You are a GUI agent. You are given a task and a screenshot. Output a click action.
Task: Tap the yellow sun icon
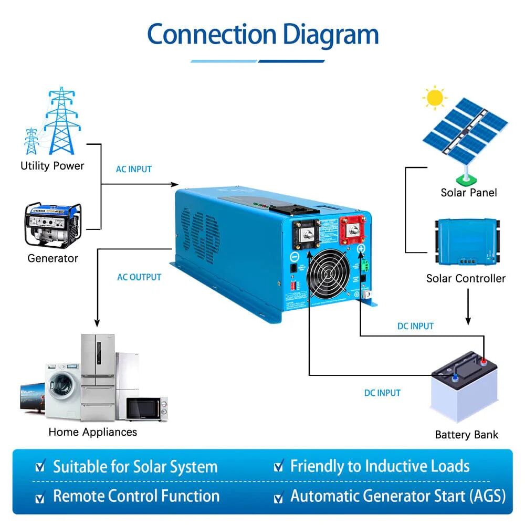(x=435, y=98)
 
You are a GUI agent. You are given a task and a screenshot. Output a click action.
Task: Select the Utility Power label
(x=52, y=166)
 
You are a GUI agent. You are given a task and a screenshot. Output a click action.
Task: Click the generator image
(x=53, y=225)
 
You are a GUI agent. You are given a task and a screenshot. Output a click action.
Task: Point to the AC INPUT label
(x=134, y=169)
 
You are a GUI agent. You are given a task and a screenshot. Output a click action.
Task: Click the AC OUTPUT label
(x=139, y=277)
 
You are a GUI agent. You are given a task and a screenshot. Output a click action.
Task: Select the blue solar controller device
(x=465, y=241)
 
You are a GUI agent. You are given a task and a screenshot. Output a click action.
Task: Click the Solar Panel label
(x=469, y=193)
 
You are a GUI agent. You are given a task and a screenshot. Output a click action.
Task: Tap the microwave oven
(x=146, y=408)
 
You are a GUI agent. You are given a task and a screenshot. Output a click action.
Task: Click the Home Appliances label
(x=92, y=432)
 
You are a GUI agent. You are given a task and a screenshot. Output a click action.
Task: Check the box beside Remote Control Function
(x=39, y=497)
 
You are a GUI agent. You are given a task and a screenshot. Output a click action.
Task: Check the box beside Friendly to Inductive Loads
(x=278, y=466)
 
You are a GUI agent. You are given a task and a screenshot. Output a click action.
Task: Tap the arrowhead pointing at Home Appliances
(x=97, y=323)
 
